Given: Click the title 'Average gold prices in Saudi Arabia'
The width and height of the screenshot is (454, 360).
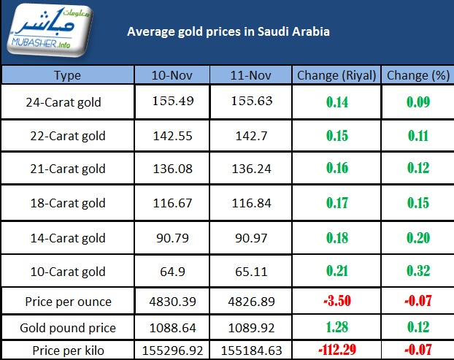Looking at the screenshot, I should point(228,32).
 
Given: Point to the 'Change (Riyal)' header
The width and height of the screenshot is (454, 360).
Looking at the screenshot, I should point(336,75).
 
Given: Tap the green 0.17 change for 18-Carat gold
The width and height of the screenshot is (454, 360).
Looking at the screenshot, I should point(336,204).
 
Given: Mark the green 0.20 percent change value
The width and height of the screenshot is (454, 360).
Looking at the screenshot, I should point(418,237).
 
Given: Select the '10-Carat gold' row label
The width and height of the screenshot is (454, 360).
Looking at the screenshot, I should point(67,272).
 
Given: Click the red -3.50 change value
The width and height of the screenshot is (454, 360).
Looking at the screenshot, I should point(336,301).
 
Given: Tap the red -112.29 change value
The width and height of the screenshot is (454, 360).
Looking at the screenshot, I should point(336,351).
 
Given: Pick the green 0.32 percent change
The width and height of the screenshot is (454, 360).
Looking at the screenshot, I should point(418,272).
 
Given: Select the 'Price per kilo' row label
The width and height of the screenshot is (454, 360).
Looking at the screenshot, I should point(67,351).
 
